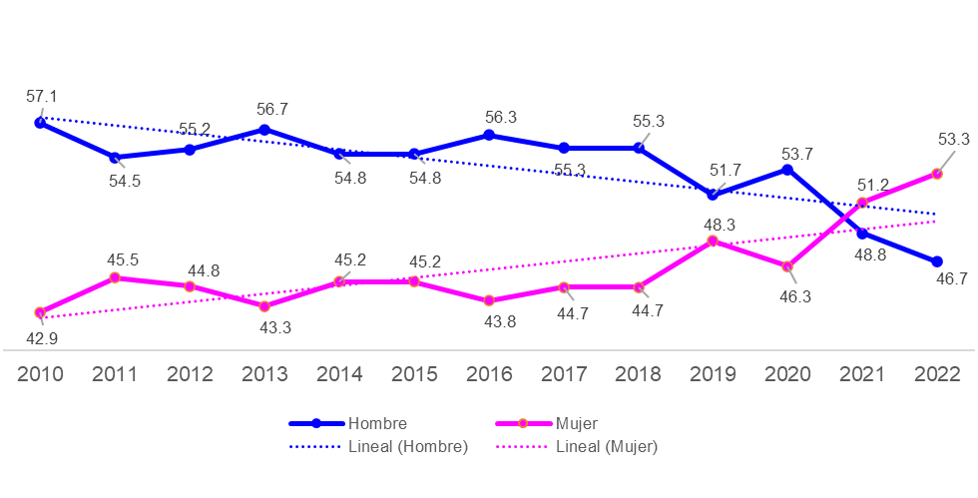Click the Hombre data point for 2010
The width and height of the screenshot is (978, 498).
(x=40, y=123)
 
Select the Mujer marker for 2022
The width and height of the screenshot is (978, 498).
(x=937, y=174)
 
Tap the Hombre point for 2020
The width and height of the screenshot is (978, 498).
(x=787, y=170)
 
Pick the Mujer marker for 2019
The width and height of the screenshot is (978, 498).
(x=713, y=242)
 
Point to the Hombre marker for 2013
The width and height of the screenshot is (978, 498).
(x=264, y=130)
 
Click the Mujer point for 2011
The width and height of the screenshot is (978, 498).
(x=115, y=277)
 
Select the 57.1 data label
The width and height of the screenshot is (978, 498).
(x=42, y=97)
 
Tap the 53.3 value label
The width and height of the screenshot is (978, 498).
(x=954, y=140)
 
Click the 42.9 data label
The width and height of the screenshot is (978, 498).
(x=42, y=339)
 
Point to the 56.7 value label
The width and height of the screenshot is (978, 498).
(x=271, y=109)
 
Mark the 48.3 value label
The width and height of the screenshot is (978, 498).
(x=719, y=226)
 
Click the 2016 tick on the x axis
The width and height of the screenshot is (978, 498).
(x=489, y=374)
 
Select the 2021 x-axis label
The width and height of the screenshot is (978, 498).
(x=862, y=374)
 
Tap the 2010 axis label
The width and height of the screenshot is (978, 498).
(x=40, y=374)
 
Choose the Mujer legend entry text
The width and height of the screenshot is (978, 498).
(x=577, y=424)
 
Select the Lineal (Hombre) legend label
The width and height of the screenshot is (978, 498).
(x=409, y=446)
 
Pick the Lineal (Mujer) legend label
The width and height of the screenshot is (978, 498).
(x=607, y=446)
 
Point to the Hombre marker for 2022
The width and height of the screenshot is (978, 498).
(x=937, y=262)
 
